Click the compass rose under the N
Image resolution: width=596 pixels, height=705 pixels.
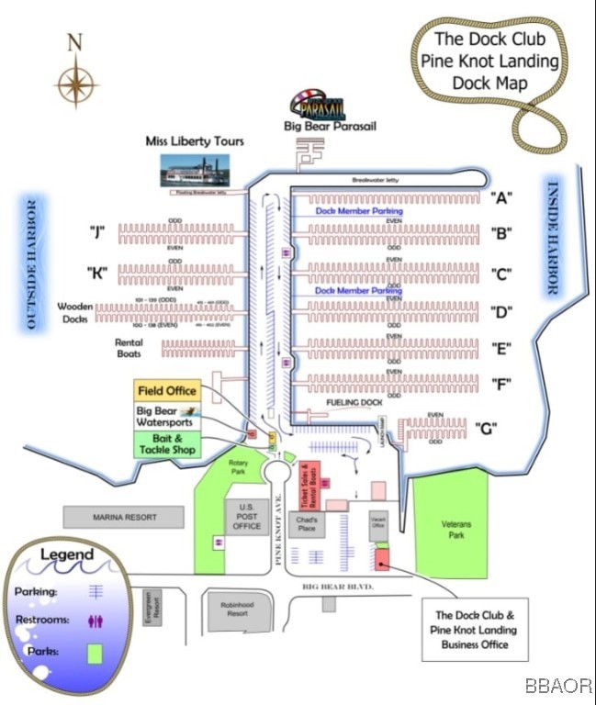click(76, 82)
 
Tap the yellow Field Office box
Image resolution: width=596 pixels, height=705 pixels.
click(168, 391)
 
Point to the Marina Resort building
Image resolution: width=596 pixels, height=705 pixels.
click(125, 518)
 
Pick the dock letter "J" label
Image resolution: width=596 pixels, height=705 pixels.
click(96, 231)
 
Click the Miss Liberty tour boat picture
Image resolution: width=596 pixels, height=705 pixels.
click(196, 172)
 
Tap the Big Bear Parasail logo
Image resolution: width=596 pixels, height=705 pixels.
click(317, 107)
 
